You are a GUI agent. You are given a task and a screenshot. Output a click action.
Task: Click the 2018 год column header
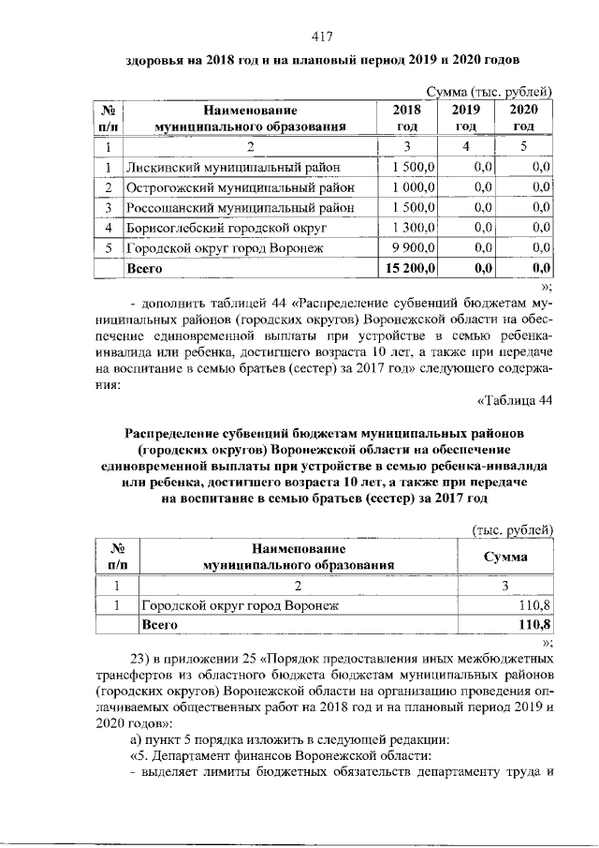tap(405, 118)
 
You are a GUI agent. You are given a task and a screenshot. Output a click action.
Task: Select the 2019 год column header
tap(465, 118)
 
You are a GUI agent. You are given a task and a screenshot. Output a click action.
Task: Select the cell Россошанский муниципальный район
tap(241, 207)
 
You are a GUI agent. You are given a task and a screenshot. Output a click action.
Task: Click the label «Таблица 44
tap(516, 402)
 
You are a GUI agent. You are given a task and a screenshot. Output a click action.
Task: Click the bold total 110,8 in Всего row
tap(533, 623)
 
